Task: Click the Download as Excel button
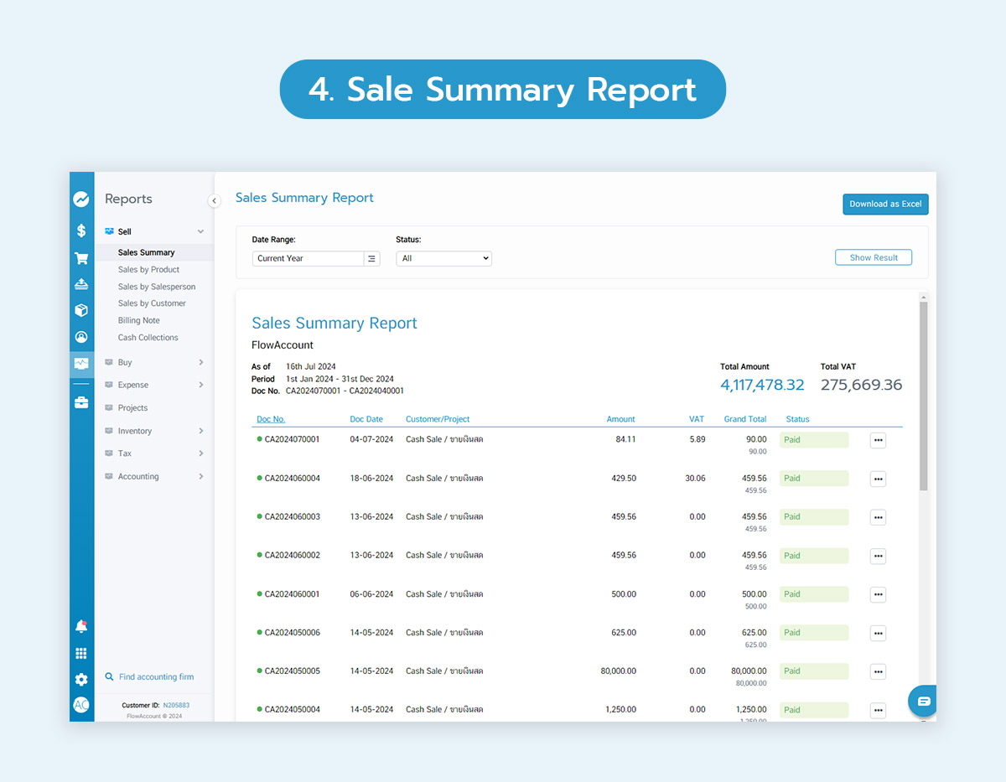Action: [885, 204]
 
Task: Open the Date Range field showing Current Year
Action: [308, 258]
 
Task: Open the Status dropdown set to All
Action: [443, 258]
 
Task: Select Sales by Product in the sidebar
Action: [148, 270]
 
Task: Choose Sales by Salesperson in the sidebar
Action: [157, 287]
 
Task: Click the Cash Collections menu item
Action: [148, 338]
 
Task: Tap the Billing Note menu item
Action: [138, 320]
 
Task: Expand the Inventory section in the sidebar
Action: [135, 431]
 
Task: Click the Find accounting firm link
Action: [156, 677]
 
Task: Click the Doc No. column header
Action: [271, 419]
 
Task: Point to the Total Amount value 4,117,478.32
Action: [762, 385]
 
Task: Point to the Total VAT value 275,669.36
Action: [861, 385]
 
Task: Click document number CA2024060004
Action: [292, 479]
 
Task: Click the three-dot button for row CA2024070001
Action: [878, 440]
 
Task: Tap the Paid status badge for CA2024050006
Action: [813, 633]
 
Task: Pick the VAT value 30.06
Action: [694, 479]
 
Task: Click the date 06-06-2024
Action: [371, 594]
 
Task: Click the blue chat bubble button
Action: [923, 701]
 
